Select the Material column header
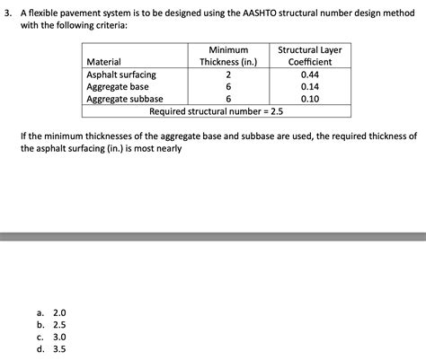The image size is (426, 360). (104, 62)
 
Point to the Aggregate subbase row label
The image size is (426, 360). (124, 100)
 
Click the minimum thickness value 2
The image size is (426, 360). (229, 75)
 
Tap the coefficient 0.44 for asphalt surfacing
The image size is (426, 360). (310, 75)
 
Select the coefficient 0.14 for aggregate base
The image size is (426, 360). (310, 87)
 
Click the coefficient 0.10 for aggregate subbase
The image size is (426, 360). (310, 100)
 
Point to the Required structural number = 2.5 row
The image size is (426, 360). (216, 112)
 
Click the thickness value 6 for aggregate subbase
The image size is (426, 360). (229, 100)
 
